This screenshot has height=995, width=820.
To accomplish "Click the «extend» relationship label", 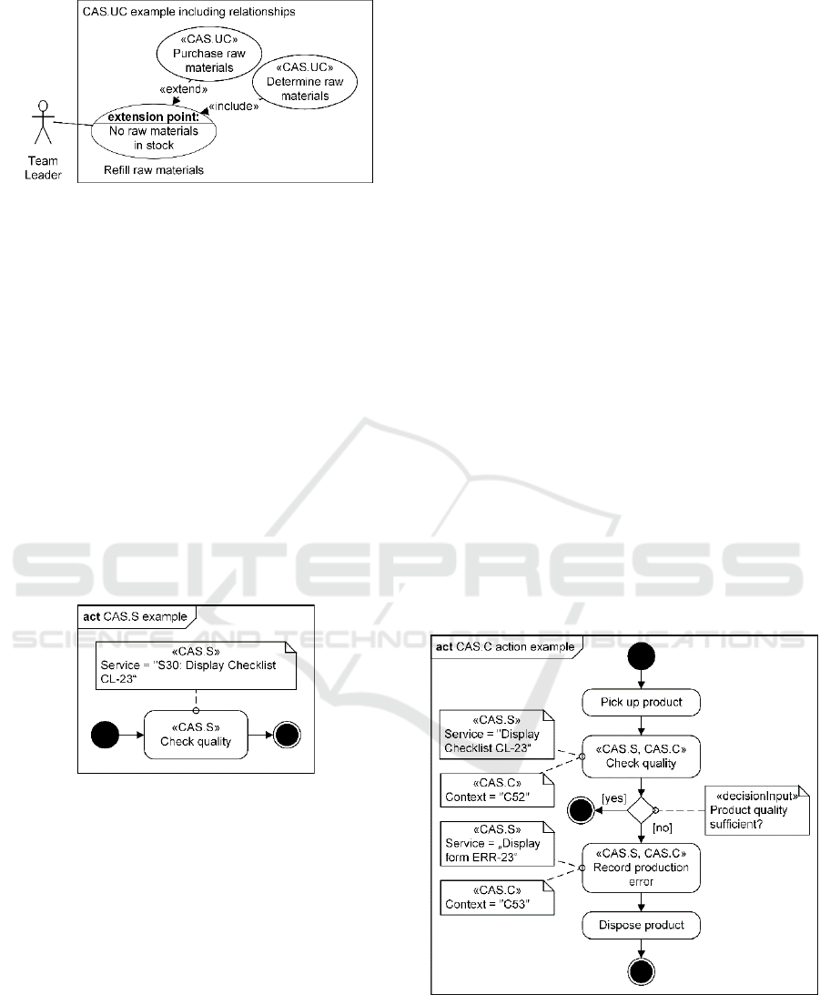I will [x=178, y=90].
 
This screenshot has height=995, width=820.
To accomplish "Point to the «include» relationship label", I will [x=232, y=107].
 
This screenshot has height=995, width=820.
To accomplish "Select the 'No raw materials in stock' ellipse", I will [x=154, y=131].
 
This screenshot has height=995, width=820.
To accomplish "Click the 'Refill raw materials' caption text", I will [x=152, y=169].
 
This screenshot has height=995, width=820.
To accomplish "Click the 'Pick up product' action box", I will [x=642, y=703].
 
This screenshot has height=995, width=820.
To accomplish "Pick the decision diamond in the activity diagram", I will [x=642, y=808].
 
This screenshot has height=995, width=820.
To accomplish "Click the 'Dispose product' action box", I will [x=642, y=926].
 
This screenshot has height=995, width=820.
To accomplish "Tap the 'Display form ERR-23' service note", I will [x=497, y=842].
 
